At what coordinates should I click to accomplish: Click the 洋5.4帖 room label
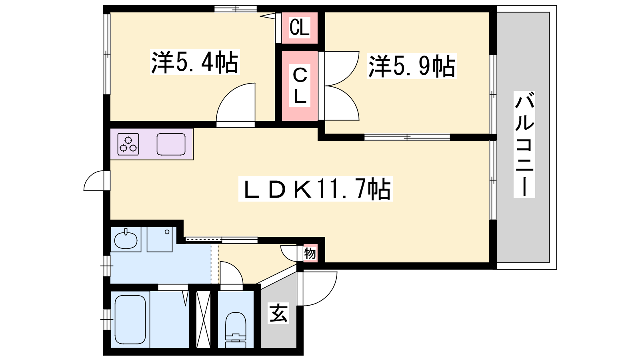(194, 62)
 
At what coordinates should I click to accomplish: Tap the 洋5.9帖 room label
(412, 66)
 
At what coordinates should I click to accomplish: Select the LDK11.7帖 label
(316, 189)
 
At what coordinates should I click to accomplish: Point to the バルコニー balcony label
(524, 144)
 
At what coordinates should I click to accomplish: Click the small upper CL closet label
(300, 28)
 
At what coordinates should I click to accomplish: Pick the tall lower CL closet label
(300, 86)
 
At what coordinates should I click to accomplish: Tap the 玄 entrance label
(278, 313)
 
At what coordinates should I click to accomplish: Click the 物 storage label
(310, 253)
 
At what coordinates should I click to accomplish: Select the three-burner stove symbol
(128, 144)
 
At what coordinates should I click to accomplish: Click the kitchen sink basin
(171, 144)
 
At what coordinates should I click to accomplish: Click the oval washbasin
(126, 240)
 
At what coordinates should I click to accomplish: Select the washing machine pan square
(160, 240)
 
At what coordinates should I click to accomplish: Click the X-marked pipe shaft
(204, 320)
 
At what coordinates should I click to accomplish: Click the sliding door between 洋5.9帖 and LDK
(407, 138)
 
